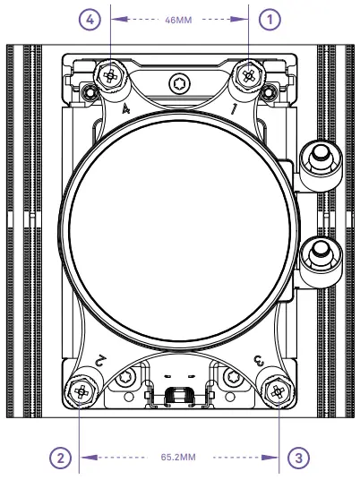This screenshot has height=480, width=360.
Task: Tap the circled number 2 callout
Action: (60, 458)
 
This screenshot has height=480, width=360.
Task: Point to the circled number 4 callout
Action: (88, 18)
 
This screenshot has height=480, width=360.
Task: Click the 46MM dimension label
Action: (179, 17)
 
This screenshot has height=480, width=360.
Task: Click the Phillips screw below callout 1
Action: (248, 75)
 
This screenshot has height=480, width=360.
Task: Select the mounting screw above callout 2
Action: (81, 390)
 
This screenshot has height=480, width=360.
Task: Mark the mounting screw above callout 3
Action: (277, 390)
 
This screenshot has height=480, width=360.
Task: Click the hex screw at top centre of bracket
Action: (179, 84)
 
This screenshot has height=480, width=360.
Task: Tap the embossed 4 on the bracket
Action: (127, 108)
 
